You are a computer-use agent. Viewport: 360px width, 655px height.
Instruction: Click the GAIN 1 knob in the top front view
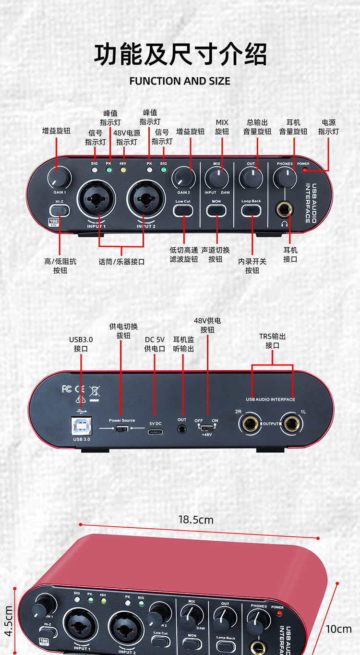click(59, 179)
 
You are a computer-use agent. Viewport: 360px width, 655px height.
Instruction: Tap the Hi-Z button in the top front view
click(59, 210)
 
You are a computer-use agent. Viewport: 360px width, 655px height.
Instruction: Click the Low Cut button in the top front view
click(183, 210)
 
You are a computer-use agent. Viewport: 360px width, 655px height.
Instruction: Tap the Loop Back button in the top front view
click(251, 210)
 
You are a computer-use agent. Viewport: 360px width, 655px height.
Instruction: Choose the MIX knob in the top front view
click(216, 178)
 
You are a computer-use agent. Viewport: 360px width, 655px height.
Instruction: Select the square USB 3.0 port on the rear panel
click(81, 425)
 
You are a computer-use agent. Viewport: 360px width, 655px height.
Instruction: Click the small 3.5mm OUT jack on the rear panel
click(182, 429)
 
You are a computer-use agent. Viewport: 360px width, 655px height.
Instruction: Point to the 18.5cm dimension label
click(196, 520)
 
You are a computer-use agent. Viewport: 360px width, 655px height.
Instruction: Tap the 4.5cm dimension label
click(8, 621)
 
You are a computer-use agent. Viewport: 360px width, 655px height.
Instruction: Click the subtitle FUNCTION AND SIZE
click(180, 81)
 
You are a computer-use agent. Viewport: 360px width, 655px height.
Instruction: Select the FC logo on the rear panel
click(67, 388)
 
